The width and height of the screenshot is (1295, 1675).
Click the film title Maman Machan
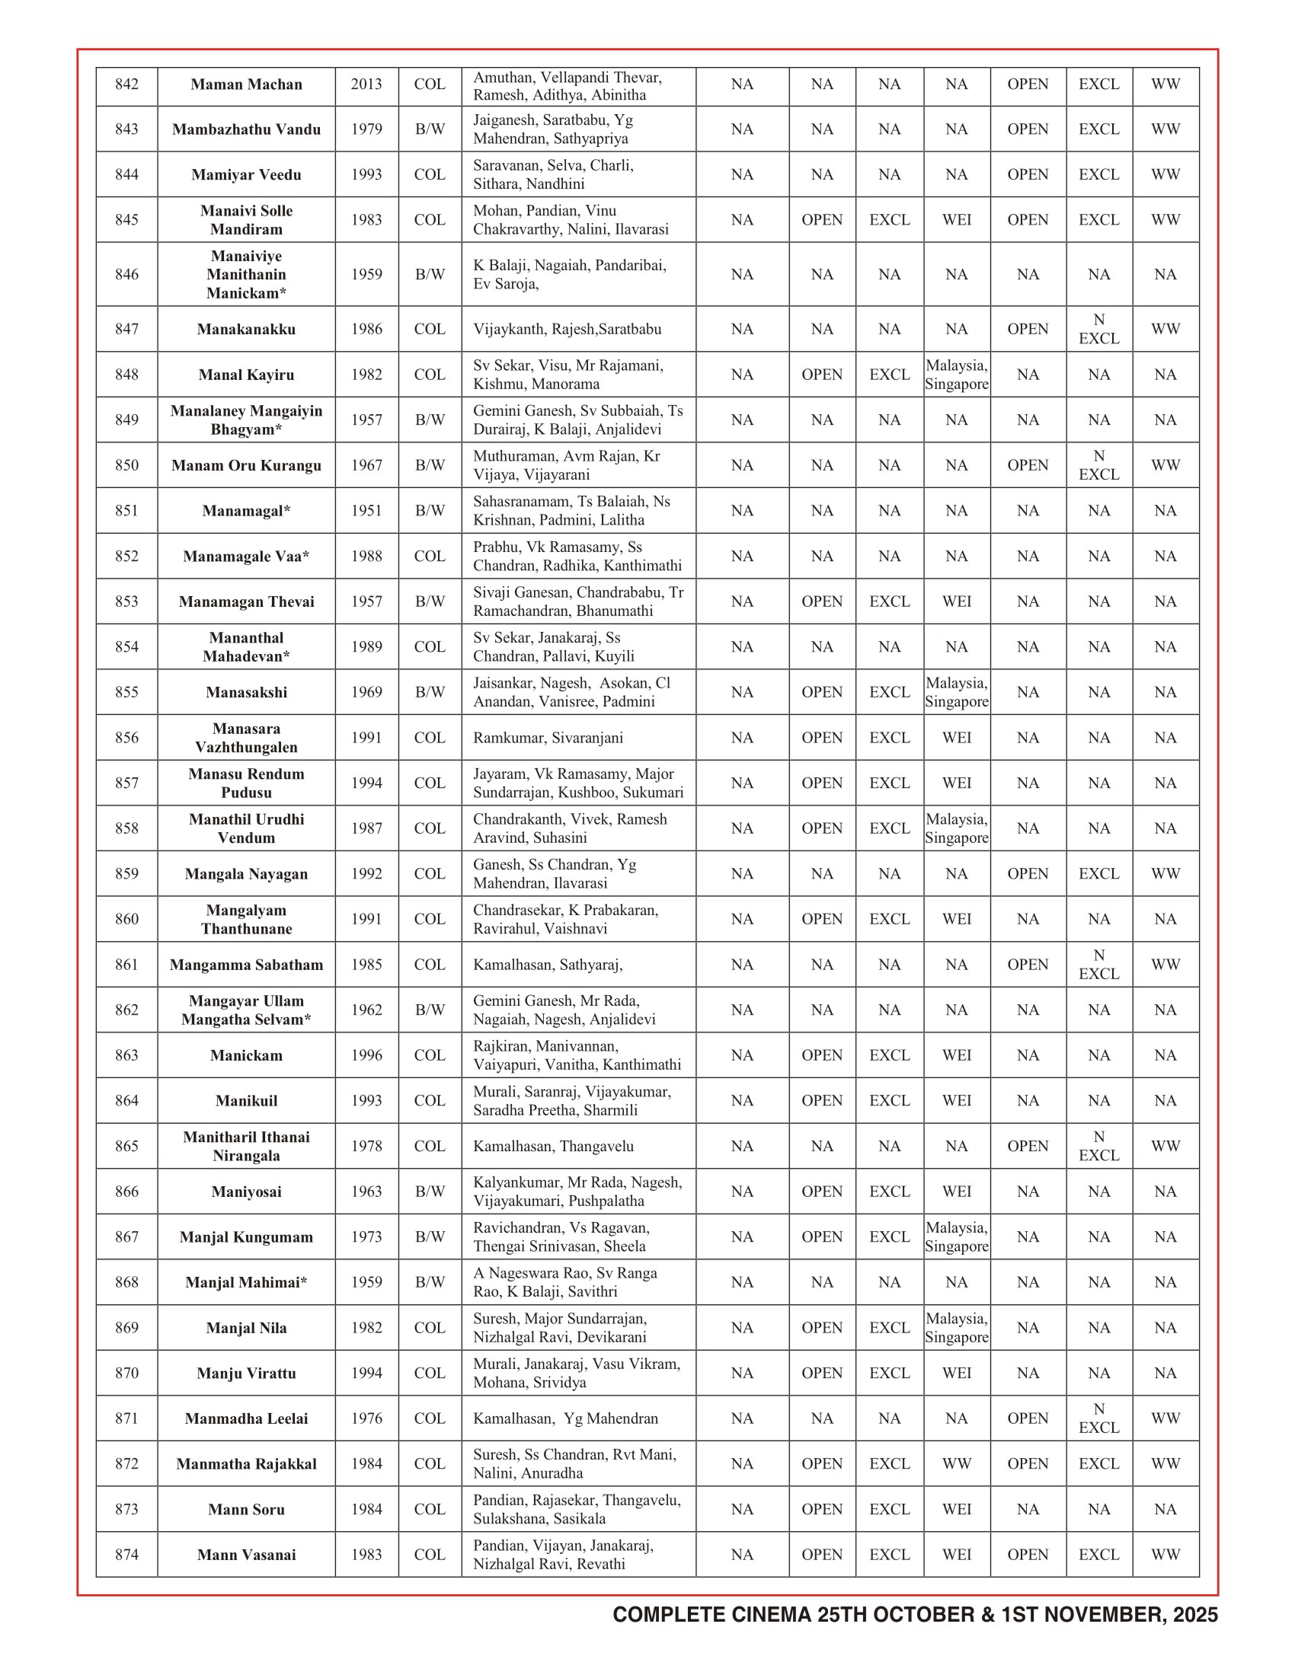pos(246,85)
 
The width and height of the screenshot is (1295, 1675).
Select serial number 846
pos(126,275)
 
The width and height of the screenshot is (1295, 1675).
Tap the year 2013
pos(366,85)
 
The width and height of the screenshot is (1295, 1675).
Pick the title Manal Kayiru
pos(246,375)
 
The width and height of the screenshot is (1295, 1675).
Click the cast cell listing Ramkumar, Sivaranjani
pos(548,738)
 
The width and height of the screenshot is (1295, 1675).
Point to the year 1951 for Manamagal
pos(366,511)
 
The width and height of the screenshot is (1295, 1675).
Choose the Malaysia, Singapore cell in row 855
pos(956,693)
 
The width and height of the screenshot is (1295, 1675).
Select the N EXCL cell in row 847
pos(1098,329)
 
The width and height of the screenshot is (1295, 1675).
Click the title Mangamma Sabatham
pos(246,965)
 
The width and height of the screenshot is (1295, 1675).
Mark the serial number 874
pos(126,1555)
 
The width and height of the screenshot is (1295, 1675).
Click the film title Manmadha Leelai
pos(246,1419)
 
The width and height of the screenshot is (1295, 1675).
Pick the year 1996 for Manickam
pos(366,1055)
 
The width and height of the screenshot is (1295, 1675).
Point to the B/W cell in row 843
pos(430,129)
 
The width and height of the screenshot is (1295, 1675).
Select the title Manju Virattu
pos(246,1373)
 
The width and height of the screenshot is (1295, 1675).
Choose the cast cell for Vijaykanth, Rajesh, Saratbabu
pos(567,329)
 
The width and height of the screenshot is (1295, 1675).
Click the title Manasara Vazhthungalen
pos(246,738)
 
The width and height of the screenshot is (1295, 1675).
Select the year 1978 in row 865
pos(366,1147)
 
